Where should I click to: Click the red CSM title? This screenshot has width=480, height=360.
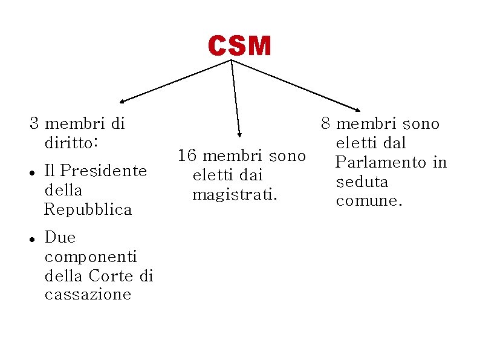tap(239, 46)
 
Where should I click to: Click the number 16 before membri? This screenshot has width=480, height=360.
tap(187, 156)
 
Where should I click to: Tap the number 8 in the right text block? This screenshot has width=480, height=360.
tap(326, 124)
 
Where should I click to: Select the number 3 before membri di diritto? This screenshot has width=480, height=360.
tap(35, 124)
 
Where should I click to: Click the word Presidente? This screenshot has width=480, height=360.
tap(103, 171)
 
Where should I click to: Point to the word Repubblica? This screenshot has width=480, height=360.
tap(88, 209)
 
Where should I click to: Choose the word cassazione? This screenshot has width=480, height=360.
tap(88, 295)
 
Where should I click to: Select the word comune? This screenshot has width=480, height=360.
tap(369, 201)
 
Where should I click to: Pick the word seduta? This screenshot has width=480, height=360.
tap(362, 182)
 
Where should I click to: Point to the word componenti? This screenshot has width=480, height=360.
tap(91, 257)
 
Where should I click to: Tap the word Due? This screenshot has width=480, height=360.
tap(60, 237)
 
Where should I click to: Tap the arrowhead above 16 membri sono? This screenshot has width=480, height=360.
tap(239, 134)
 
